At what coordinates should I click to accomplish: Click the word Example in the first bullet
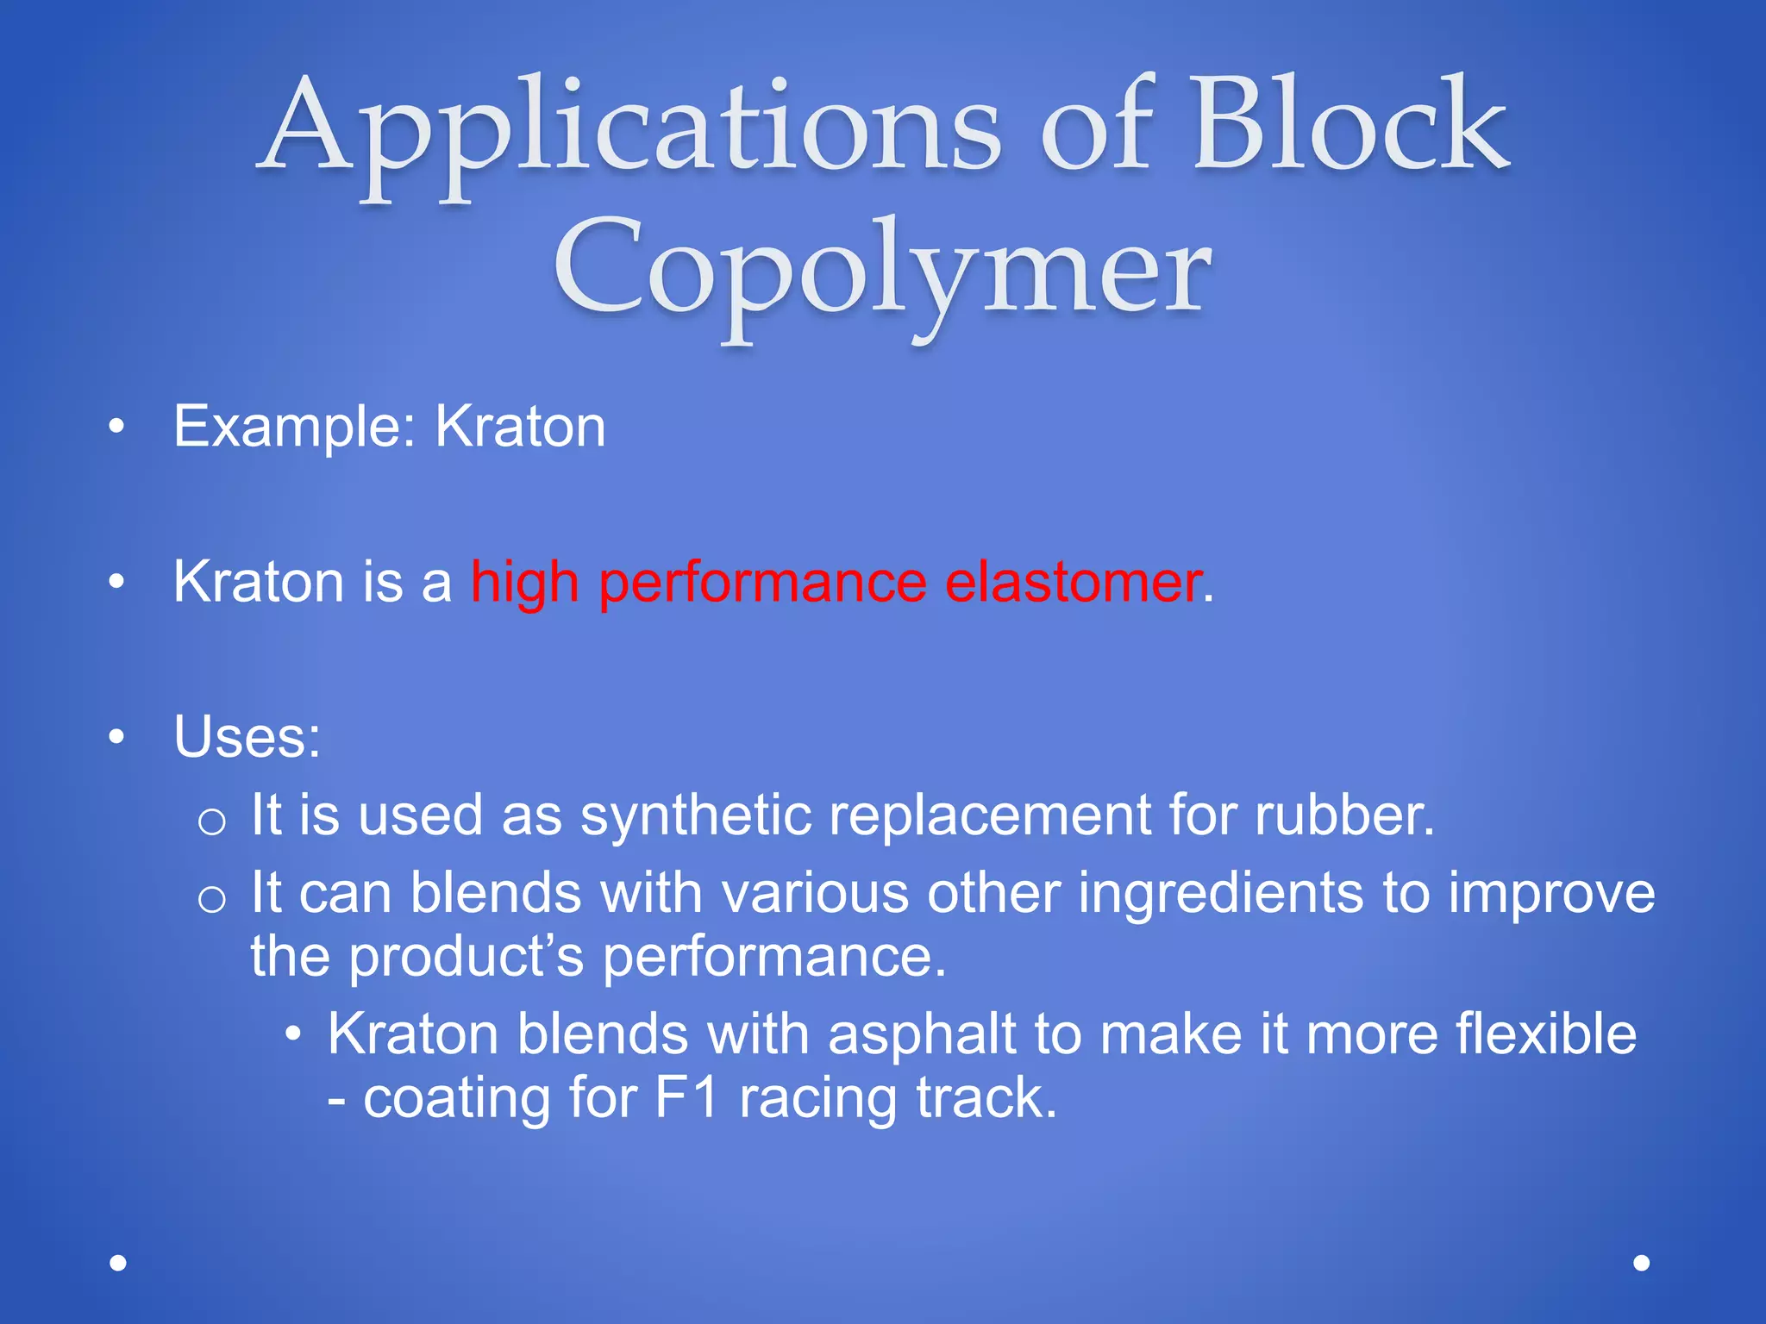[285, 427]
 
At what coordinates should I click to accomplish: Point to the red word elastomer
[1073, 582]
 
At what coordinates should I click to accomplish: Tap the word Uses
[246, 738]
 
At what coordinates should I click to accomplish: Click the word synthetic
[695, 815]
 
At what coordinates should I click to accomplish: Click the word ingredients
[1220, 893]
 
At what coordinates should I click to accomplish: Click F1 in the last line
[687, 1099]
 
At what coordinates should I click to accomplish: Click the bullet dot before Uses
[117, 738]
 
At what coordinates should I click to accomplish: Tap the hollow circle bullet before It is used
[211, 821]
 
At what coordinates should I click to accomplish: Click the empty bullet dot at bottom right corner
[1642, 1263]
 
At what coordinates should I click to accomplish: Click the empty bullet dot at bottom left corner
[118, 1263]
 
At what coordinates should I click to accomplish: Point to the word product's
[466, 958]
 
